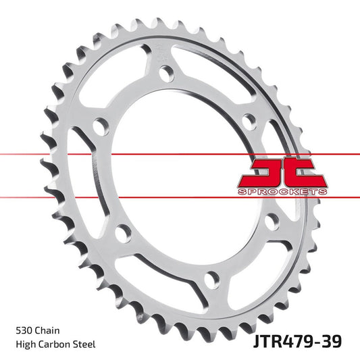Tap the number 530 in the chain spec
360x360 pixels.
[x=23, y=331]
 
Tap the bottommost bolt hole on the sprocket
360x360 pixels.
[x=212, y=278]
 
